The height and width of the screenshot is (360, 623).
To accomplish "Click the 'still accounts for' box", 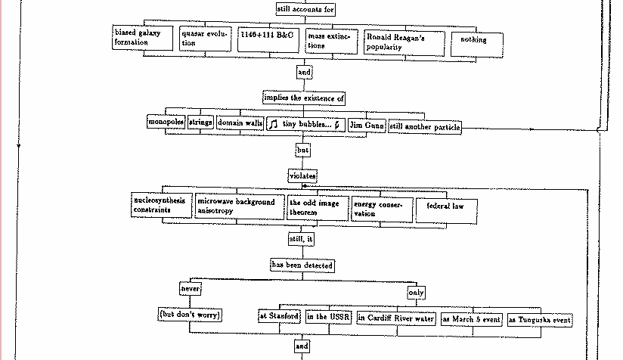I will (305, 10).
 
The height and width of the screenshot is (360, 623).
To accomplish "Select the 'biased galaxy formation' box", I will (142, 38).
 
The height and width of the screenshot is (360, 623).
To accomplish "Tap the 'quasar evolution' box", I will (204, 39).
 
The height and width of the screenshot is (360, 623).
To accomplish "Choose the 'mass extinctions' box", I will (331, 41).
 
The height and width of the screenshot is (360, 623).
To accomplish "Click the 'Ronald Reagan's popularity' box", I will (403, 42).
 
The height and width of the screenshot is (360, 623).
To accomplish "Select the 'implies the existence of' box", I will (304, 98).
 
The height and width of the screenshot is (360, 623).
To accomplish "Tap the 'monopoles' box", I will (166, 123).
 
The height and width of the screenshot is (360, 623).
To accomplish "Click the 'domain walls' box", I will (240, 123).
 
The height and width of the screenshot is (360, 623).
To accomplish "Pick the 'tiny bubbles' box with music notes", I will (305, 124).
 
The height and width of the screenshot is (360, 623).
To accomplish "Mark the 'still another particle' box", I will (424, 127).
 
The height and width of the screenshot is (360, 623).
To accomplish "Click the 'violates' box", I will (303, 175).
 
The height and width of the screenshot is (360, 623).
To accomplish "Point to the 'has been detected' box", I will (302, 265).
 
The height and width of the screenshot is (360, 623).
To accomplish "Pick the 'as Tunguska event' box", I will (540, 320).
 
